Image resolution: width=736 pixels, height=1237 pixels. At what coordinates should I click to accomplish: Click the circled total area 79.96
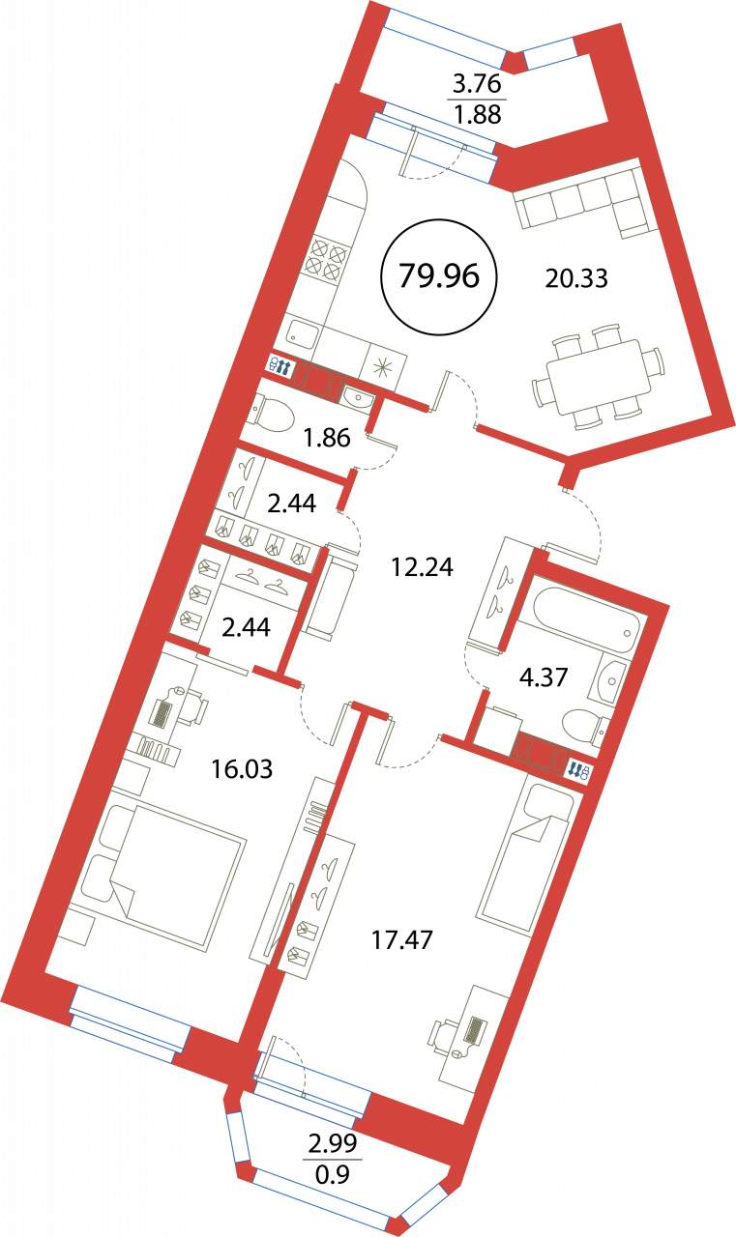pyautogui.click(x=439, y=277)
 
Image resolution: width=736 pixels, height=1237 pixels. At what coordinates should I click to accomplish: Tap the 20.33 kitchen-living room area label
pyautogui.click(x=576, y=279)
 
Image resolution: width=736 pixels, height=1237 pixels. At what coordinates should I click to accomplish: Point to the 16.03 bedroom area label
pyautogui.click(x=242, y=769)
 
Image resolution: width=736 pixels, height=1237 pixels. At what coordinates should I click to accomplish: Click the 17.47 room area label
pyautogui.click(x=400, y=939)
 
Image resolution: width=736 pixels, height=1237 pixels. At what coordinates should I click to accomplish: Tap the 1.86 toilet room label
pyautogui.click(x=327, y=439)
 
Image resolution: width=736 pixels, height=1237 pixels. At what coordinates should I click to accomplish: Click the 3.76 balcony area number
pyautogui.click(x=476, y=85)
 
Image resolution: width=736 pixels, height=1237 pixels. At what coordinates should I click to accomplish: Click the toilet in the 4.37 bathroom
pyautogui.click(x=583, y=729)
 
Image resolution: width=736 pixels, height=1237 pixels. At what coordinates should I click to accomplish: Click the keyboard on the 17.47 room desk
pyautogui.click(x=475, y=1030)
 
